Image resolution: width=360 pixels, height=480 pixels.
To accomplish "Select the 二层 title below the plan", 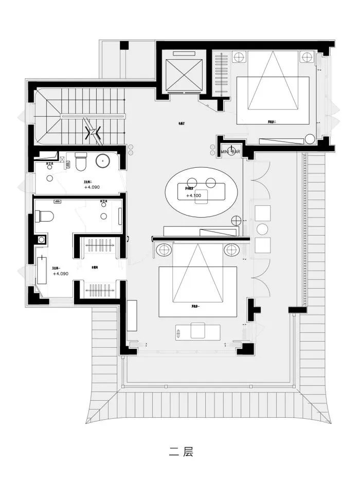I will click(x=181, y=453).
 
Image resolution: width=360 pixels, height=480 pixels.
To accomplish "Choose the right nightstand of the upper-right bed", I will click(x=307, y=57).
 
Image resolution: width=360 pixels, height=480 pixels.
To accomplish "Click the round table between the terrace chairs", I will click(x=263, y=229).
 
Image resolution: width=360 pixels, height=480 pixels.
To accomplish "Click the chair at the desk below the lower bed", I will click(x=197, y=330).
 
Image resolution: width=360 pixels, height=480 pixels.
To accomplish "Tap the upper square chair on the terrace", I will click(x=263, y=213).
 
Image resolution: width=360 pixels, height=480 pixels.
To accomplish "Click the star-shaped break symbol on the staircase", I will click(x=94, y=133).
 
